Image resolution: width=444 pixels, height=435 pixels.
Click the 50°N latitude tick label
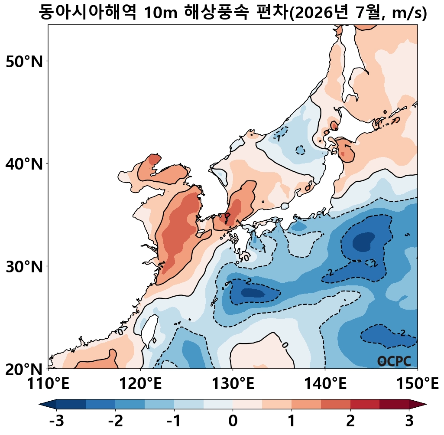(24, 61)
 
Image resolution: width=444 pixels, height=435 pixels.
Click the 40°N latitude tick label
(24, 164)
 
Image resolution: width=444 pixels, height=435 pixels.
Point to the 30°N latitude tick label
(24, 267)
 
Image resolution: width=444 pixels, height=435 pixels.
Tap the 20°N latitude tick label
(24, 369)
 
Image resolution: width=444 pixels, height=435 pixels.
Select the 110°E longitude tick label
(48, 384)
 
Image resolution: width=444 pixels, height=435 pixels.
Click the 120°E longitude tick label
(140, 384)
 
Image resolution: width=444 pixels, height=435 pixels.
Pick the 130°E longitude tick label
(233, 384)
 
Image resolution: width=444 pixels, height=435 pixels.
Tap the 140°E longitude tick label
(325, 384)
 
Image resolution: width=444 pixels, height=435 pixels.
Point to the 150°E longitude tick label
(418, 384)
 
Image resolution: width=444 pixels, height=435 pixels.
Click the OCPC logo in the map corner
(394, 361)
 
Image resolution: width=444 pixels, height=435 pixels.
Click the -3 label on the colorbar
(56, 421)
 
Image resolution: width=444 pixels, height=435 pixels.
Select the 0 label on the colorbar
(233, 421)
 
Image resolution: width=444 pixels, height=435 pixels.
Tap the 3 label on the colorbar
(409, 421)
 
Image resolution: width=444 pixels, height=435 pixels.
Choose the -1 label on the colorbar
(174, 421)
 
